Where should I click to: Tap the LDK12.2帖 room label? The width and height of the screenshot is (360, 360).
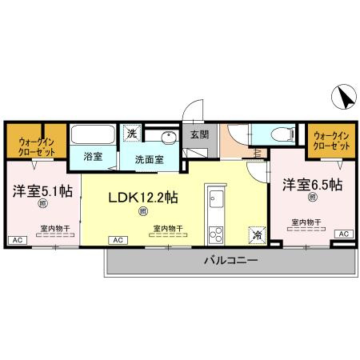click(x=142, y=197)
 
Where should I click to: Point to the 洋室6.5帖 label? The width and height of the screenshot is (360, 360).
click(x=312, y=185)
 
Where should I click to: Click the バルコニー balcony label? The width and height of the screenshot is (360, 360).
click(x=230, y=260)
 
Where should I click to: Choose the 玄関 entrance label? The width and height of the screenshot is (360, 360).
click(x=199, y=135)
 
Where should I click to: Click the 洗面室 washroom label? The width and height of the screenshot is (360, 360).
click(x=149, y=158)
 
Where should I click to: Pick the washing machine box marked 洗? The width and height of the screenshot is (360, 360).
click(x=130, y=133)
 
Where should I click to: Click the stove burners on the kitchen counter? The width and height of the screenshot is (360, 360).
click(x=214, y=234)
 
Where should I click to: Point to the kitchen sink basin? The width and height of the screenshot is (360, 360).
click(x=214, y=200)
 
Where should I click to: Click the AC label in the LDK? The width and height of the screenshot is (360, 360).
click(x=117, y=240)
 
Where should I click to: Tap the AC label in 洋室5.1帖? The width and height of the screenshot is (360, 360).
click(x=15, y=240)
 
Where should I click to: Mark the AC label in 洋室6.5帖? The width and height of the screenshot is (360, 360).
click(x=343, y=233)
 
